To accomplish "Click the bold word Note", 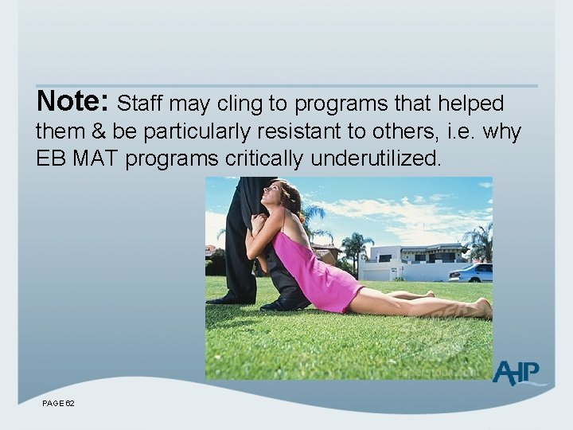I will tap(72, 102).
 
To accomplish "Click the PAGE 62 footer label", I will tap(59, 405).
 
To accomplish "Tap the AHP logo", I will tap(515, 373).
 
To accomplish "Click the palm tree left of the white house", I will tap(356, 248).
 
